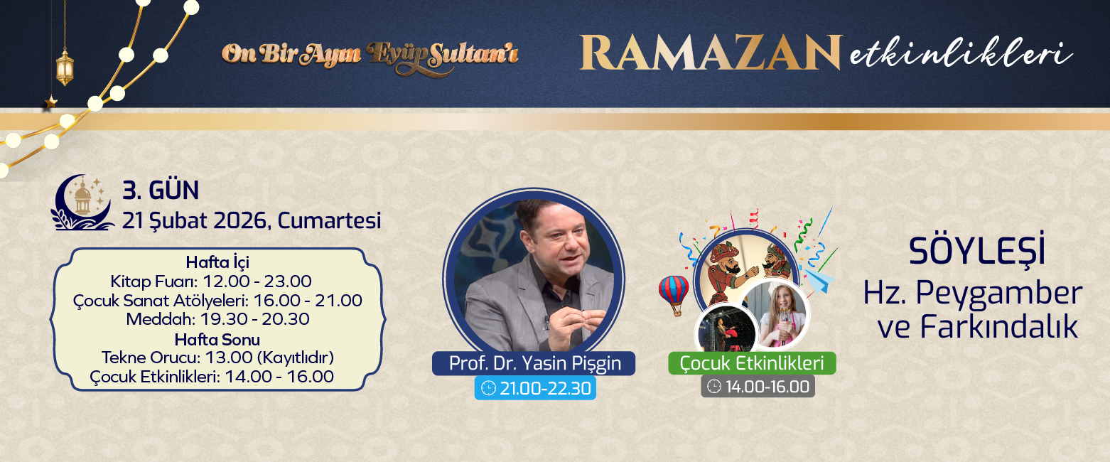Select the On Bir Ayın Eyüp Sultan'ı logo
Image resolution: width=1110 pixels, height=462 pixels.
tap(370, 55)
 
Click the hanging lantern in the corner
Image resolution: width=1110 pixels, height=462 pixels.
tap(65, 67)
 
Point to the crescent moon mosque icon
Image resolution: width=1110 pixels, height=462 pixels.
tap(82, 204)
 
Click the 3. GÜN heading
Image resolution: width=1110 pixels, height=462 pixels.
tap(161, 190)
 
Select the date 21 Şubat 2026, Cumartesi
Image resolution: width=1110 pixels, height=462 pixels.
tap(252, 220)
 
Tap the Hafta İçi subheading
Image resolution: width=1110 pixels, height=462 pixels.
tap(217, 262)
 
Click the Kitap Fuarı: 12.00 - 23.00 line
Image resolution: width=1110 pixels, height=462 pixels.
tap(211, 281)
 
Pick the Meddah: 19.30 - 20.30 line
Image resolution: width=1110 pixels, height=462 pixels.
tap(217, 319)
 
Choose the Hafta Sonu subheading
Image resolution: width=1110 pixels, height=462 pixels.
tap(217, 338)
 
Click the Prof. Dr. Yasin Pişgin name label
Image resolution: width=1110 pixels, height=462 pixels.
tap(534, 363)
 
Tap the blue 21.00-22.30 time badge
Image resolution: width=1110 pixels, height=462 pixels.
tap(535, 388)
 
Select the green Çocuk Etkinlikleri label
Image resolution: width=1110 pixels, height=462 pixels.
tap(752, 363)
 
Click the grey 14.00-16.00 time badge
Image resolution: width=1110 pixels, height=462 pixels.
tap(758, 387)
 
